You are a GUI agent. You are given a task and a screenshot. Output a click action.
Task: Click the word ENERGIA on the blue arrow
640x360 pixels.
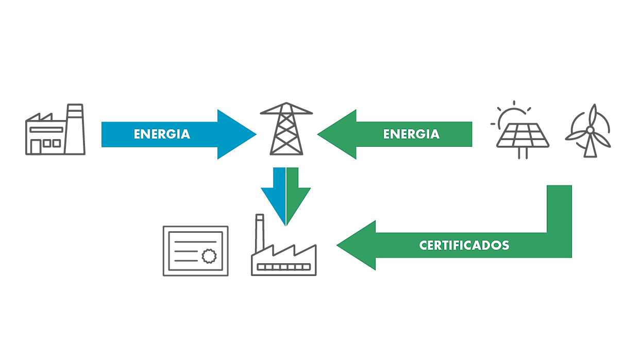click(162, 134)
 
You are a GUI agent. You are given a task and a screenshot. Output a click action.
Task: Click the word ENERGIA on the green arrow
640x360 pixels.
click(411, 134)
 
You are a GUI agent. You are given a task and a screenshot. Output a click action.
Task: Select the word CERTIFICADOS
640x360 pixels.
click(464, 245)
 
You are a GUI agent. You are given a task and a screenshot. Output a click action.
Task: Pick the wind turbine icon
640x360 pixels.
click(588, 131)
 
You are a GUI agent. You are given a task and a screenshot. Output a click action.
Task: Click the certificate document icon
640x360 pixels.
click(195, 251)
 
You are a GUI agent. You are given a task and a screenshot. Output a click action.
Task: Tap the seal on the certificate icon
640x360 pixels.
click(209, 255)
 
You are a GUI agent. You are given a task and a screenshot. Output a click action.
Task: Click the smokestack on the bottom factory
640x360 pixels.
click(259, 233)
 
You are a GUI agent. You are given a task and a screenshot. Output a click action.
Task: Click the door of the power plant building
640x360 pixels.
click(36, 147)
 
